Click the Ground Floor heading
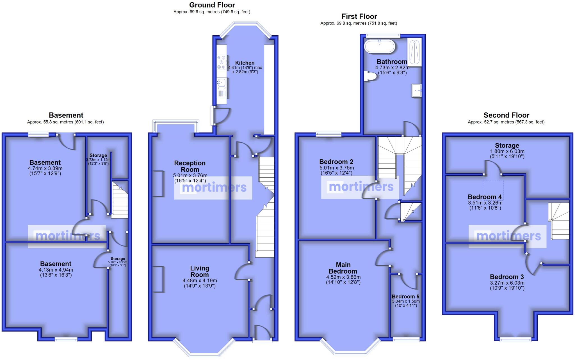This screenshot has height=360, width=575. coord(212,5)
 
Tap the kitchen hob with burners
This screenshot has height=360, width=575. coord(221,62)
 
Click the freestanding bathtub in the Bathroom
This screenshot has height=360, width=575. coord(379,46)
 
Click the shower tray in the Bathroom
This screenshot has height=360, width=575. coord(414,52)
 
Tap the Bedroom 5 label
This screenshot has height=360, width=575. coord(405,297)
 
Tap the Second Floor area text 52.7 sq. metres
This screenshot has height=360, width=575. coord(506,122)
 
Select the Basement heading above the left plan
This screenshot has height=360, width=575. coord(66,115)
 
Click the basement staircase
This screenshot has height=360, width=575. coord(120,200)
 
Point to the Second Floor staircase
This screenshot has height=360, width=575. coord(560,222)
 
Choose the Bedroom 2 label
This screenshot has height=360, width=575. coord(336,162)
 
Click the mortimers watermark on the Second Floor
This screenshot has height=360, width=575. coord(508,236)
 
